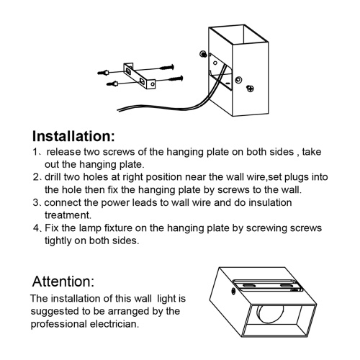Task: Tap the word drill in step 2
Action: point(53,177)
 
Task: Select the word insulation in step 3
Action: point(270,202)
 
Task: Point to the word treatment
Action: point(68,215)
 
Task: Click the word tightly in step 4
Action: point(58,240)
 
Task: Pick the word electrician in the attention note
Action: point(114,324)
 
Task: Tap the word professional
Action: point(58,325)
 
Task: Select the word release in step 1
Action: point(63,152)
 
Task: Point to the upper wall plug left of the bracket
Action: point(104,72)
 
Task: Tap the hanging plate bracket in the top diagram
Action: point(139,76)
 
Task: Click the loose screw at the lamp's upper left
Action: point(204,54)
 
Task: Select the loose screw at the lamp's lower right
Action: point(250,89)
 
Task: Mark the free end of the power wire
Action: point(118,110)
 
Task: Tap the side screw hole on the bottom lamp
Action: point(233,291)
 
